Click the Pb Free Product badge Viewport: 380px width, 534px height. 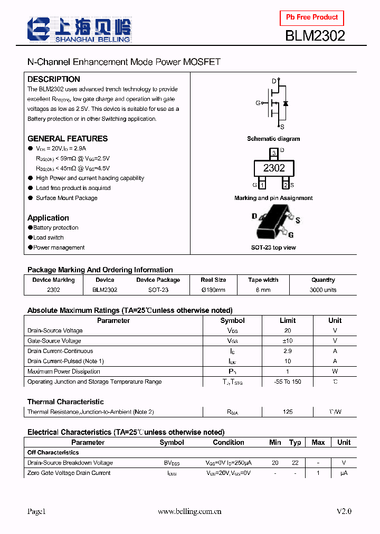coord(311,17)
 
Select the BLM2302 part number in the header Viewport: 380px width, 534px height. coord(315,36)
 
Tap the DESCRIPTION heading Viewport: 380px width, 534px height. coord(54,79)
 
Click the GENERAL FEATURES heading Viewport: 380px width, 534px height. coord(68,139)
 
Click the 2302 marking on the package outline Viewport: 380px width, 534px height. coord(274,168)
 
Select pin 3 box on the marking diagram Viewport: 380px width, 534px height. coord(273,153)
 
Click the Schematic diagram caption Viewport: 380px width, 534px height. coord(273,139)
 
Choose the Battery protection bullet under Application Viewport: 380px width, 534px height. coord(55,228)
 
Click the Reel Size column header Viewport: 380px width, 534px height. coord(213,280)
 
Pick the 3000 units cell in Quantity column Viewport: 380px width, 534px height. coord(323,290)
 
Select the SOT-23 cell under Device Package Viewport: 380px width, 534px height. coord(158,290)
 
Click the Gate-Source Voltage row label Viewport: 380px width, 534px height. coord(54,341)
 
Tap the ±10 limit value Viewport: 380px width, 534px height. coord(288,341)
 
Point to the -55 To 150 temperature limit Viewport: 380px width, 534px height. coord(288,382)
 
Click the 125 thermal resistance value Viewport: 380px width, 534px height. coord(288,412)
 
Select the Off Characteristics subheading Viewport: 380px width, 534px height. coord(53,453)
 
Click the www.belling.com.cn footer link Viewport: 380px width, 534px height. coord(190,511)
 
